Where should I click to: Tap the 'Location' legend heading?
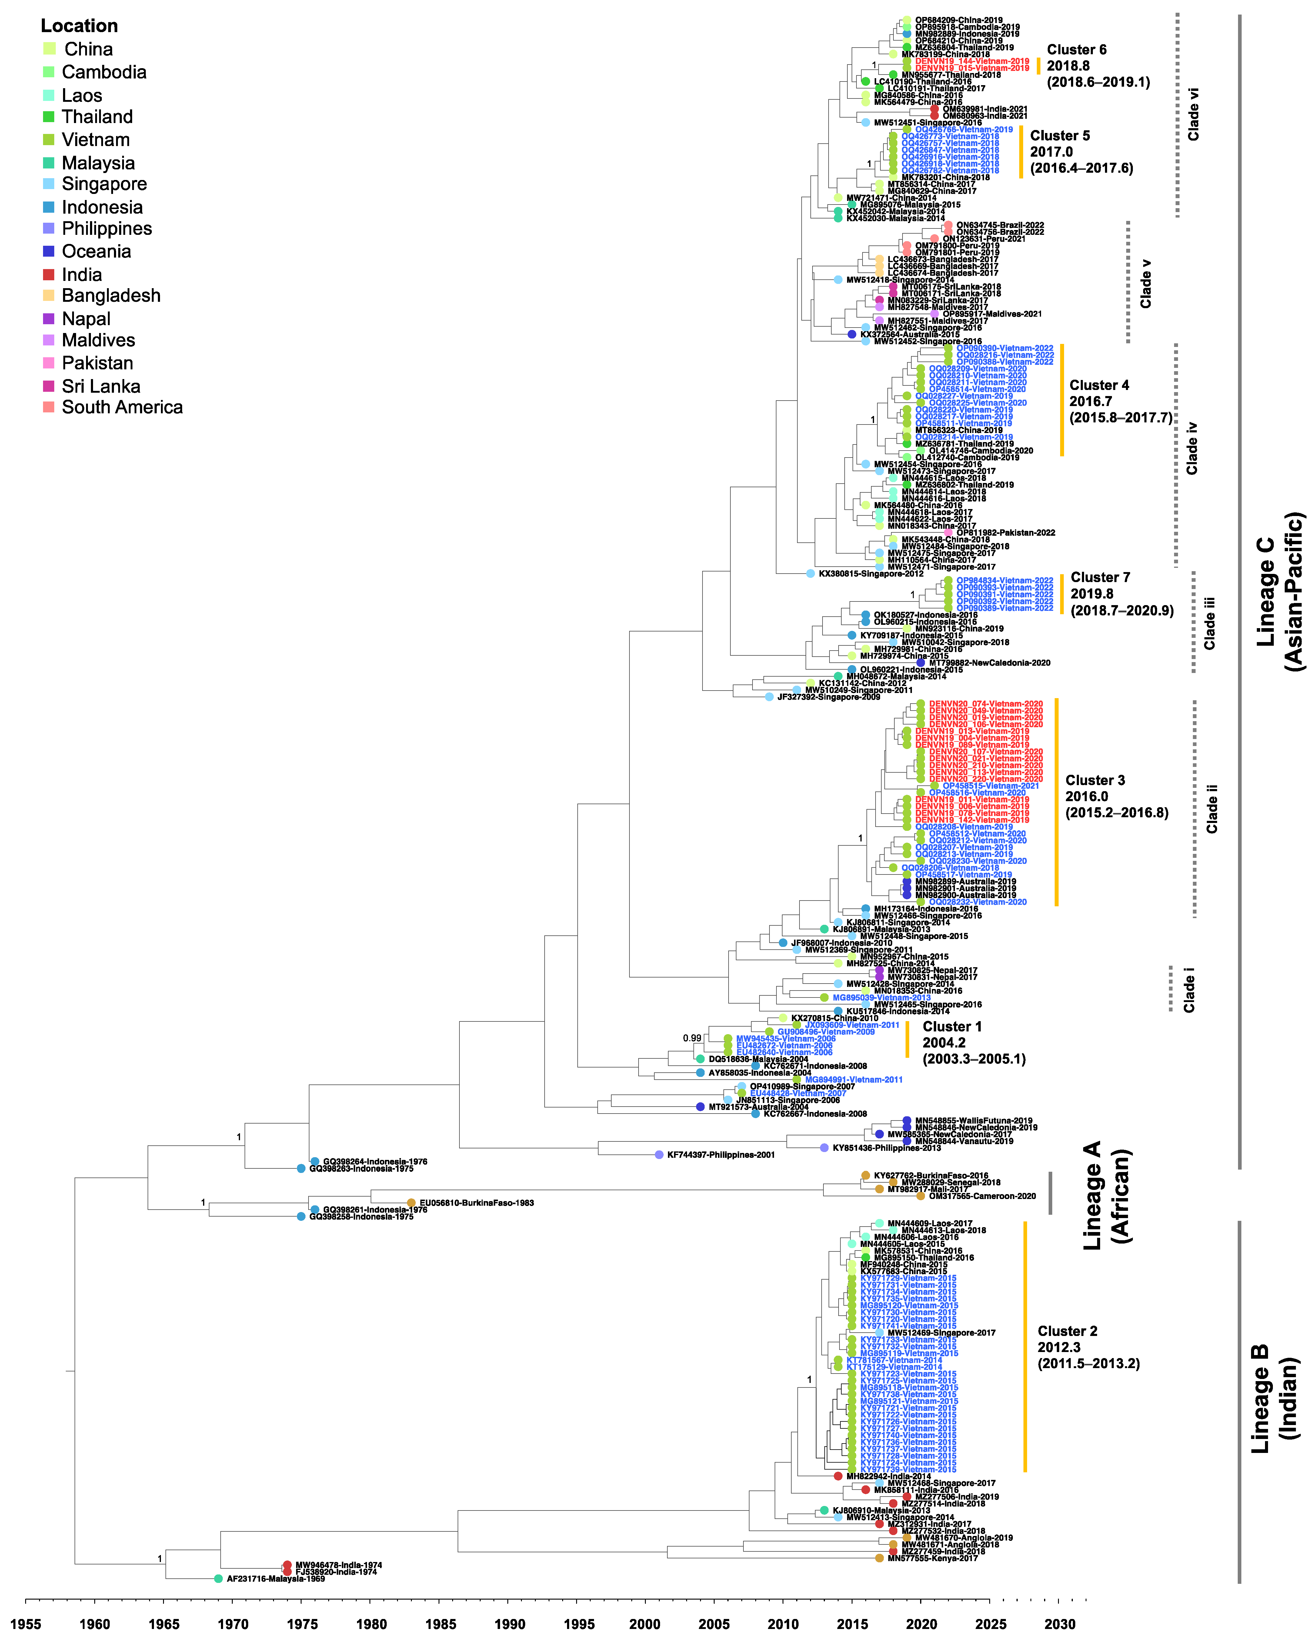pos(79,26)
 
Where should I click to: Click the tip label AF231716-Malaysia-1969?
pos(276,1579)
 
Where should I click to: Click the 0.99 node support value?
pos(692,1038)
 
